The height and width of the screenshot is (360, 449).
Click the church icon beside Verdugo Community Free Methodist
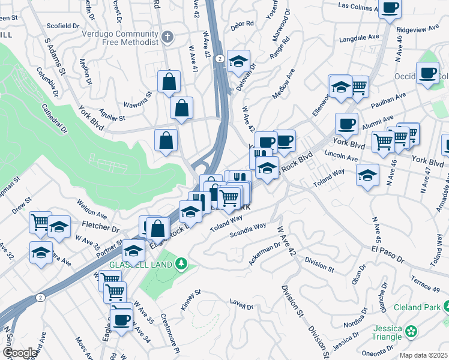[167, 37]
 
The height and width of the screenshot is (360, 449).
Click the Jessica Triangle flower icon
[411, 331]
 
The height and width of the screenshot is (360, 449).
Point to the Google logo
[19, 353]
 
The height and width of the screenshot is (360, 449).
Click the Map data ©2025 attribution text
[423, 355]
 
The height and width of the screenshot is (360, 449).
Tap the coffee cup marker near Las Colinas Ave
[390, 8]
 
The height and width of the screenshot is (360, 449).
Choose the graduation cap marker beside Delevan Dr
[238, 61]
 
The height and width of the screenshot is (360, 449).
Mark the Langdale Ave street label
[359, 37]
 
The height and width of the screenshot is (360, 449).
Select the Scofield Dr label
[61, 26]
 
